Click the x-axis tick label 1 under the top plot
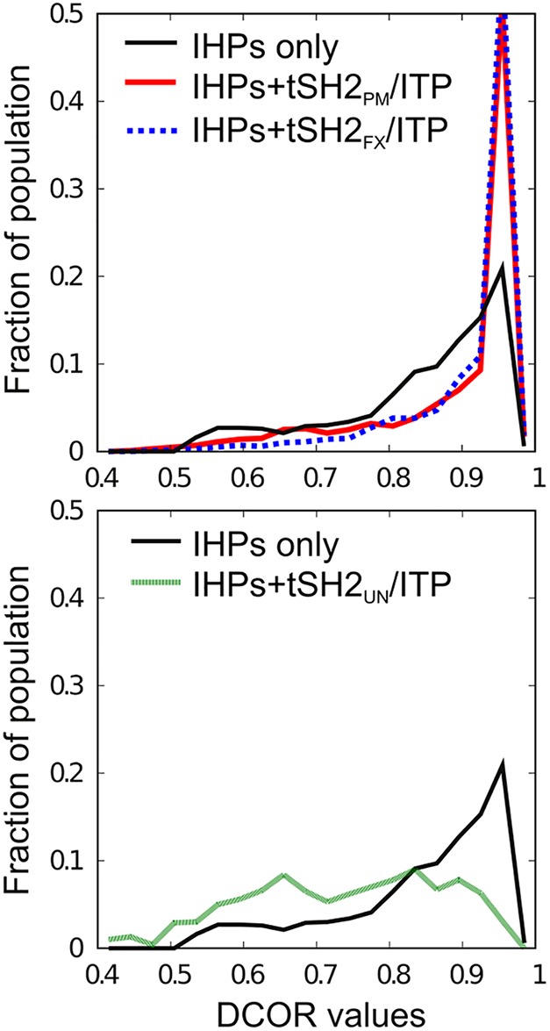537,477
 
